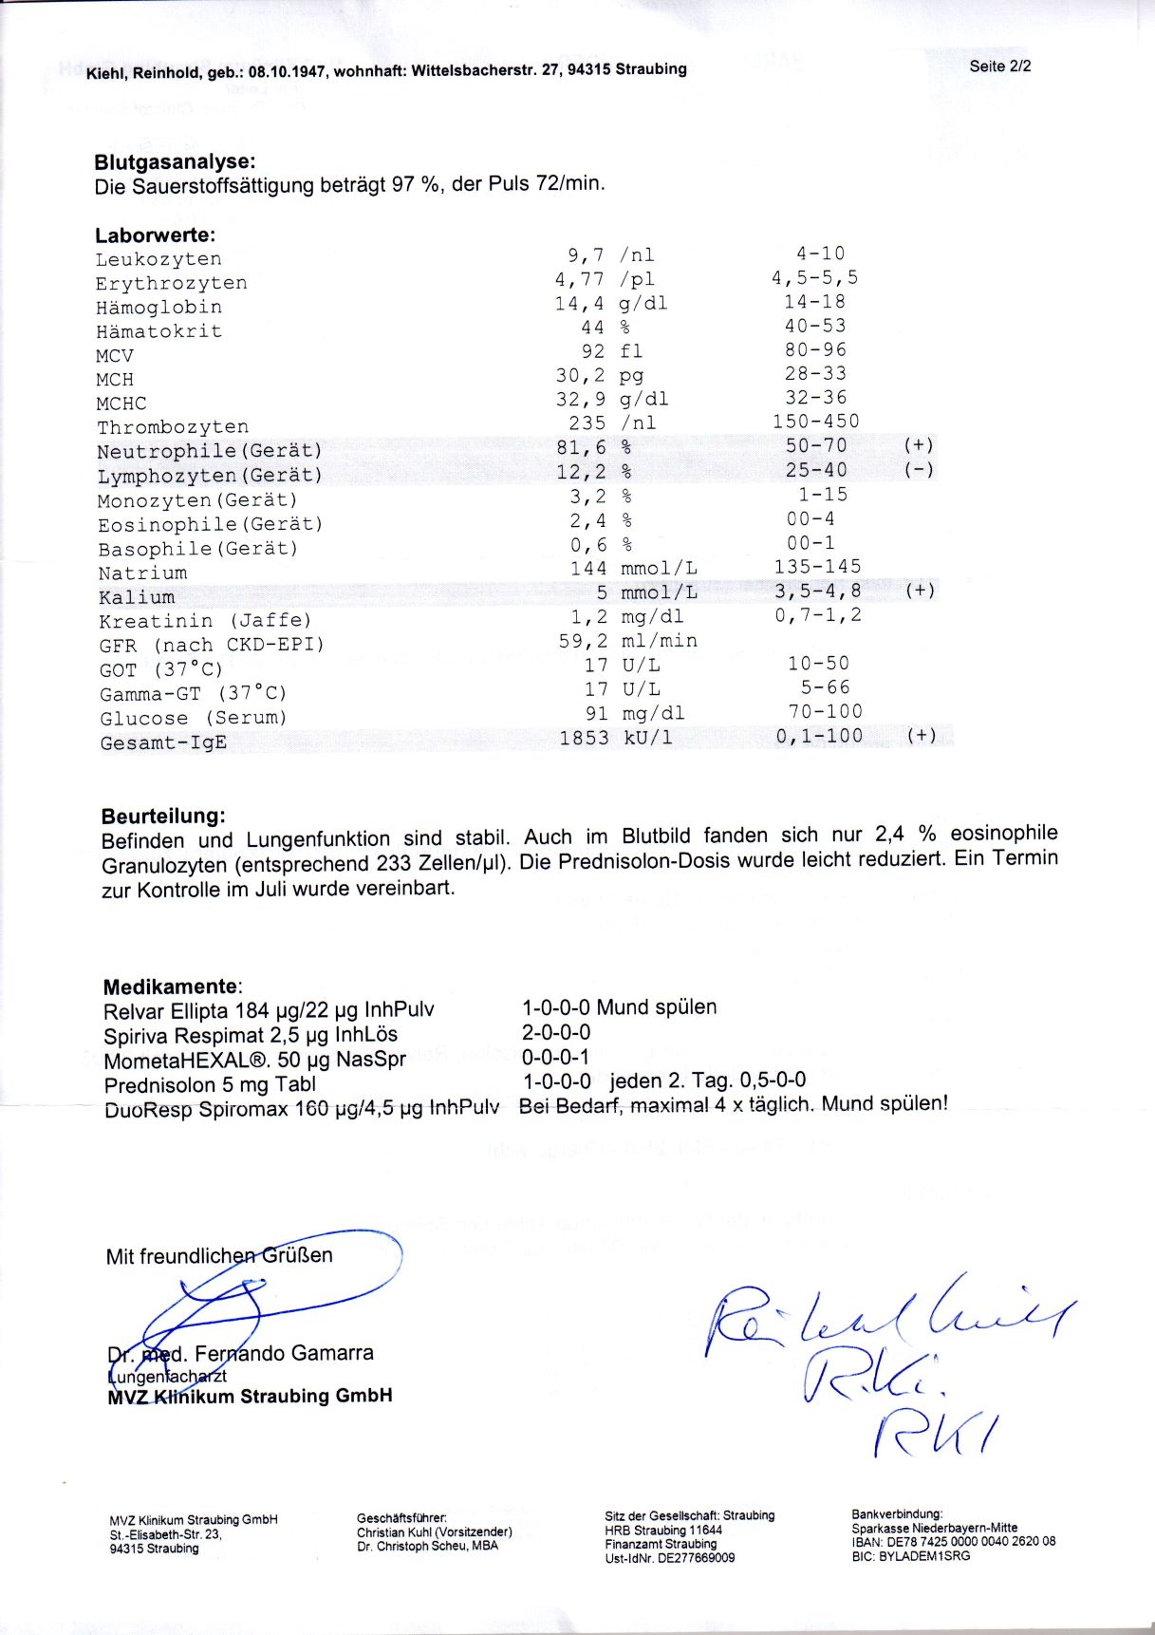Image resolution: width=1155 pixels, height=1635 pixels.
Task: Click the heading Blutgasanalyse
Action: (x=175, y=161)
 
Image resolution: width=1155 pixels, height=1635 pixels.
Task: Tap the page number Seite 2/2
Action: (x=1000, y=66)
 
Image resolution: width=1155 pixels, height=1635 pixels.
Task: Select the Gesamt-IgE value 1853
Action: (x=584, y=738)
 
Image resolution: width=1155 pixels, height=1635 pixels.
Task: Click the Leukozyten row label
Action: (x=158, y=259)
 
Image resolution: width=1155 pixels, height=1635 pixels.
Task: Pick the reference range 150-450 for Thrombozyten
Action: (x=815, y=422)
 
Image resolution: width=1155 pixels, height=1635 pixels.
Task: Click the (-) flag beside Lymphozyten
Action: (x=919, y=470)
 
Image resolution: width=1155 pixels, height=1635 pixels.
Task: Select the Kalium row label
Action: (x=137, y=598)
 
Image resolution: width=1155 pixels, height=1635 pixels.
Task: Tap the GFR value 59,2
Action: (x=583, y=641)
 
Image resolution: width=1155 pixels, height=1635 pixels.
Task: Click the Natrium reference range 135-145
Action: (x=817, y=567)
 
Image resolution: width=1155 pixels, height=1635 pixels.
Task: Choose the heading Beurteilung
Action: (x=163, y=816)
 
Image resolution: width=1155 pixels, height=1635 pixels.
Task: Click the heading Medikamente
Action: (x=171, y=987)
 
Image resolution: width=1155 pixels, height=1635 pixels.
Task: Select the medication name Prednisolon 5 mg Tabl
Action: (x=210, y=1085)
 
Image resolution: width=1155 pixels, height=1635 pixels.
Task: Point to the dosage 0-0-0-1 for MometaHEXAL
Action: (x=555, y=1057)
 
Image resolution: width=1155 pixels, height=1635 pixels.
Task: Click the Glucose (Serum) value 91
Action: (x=596, y=713)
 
